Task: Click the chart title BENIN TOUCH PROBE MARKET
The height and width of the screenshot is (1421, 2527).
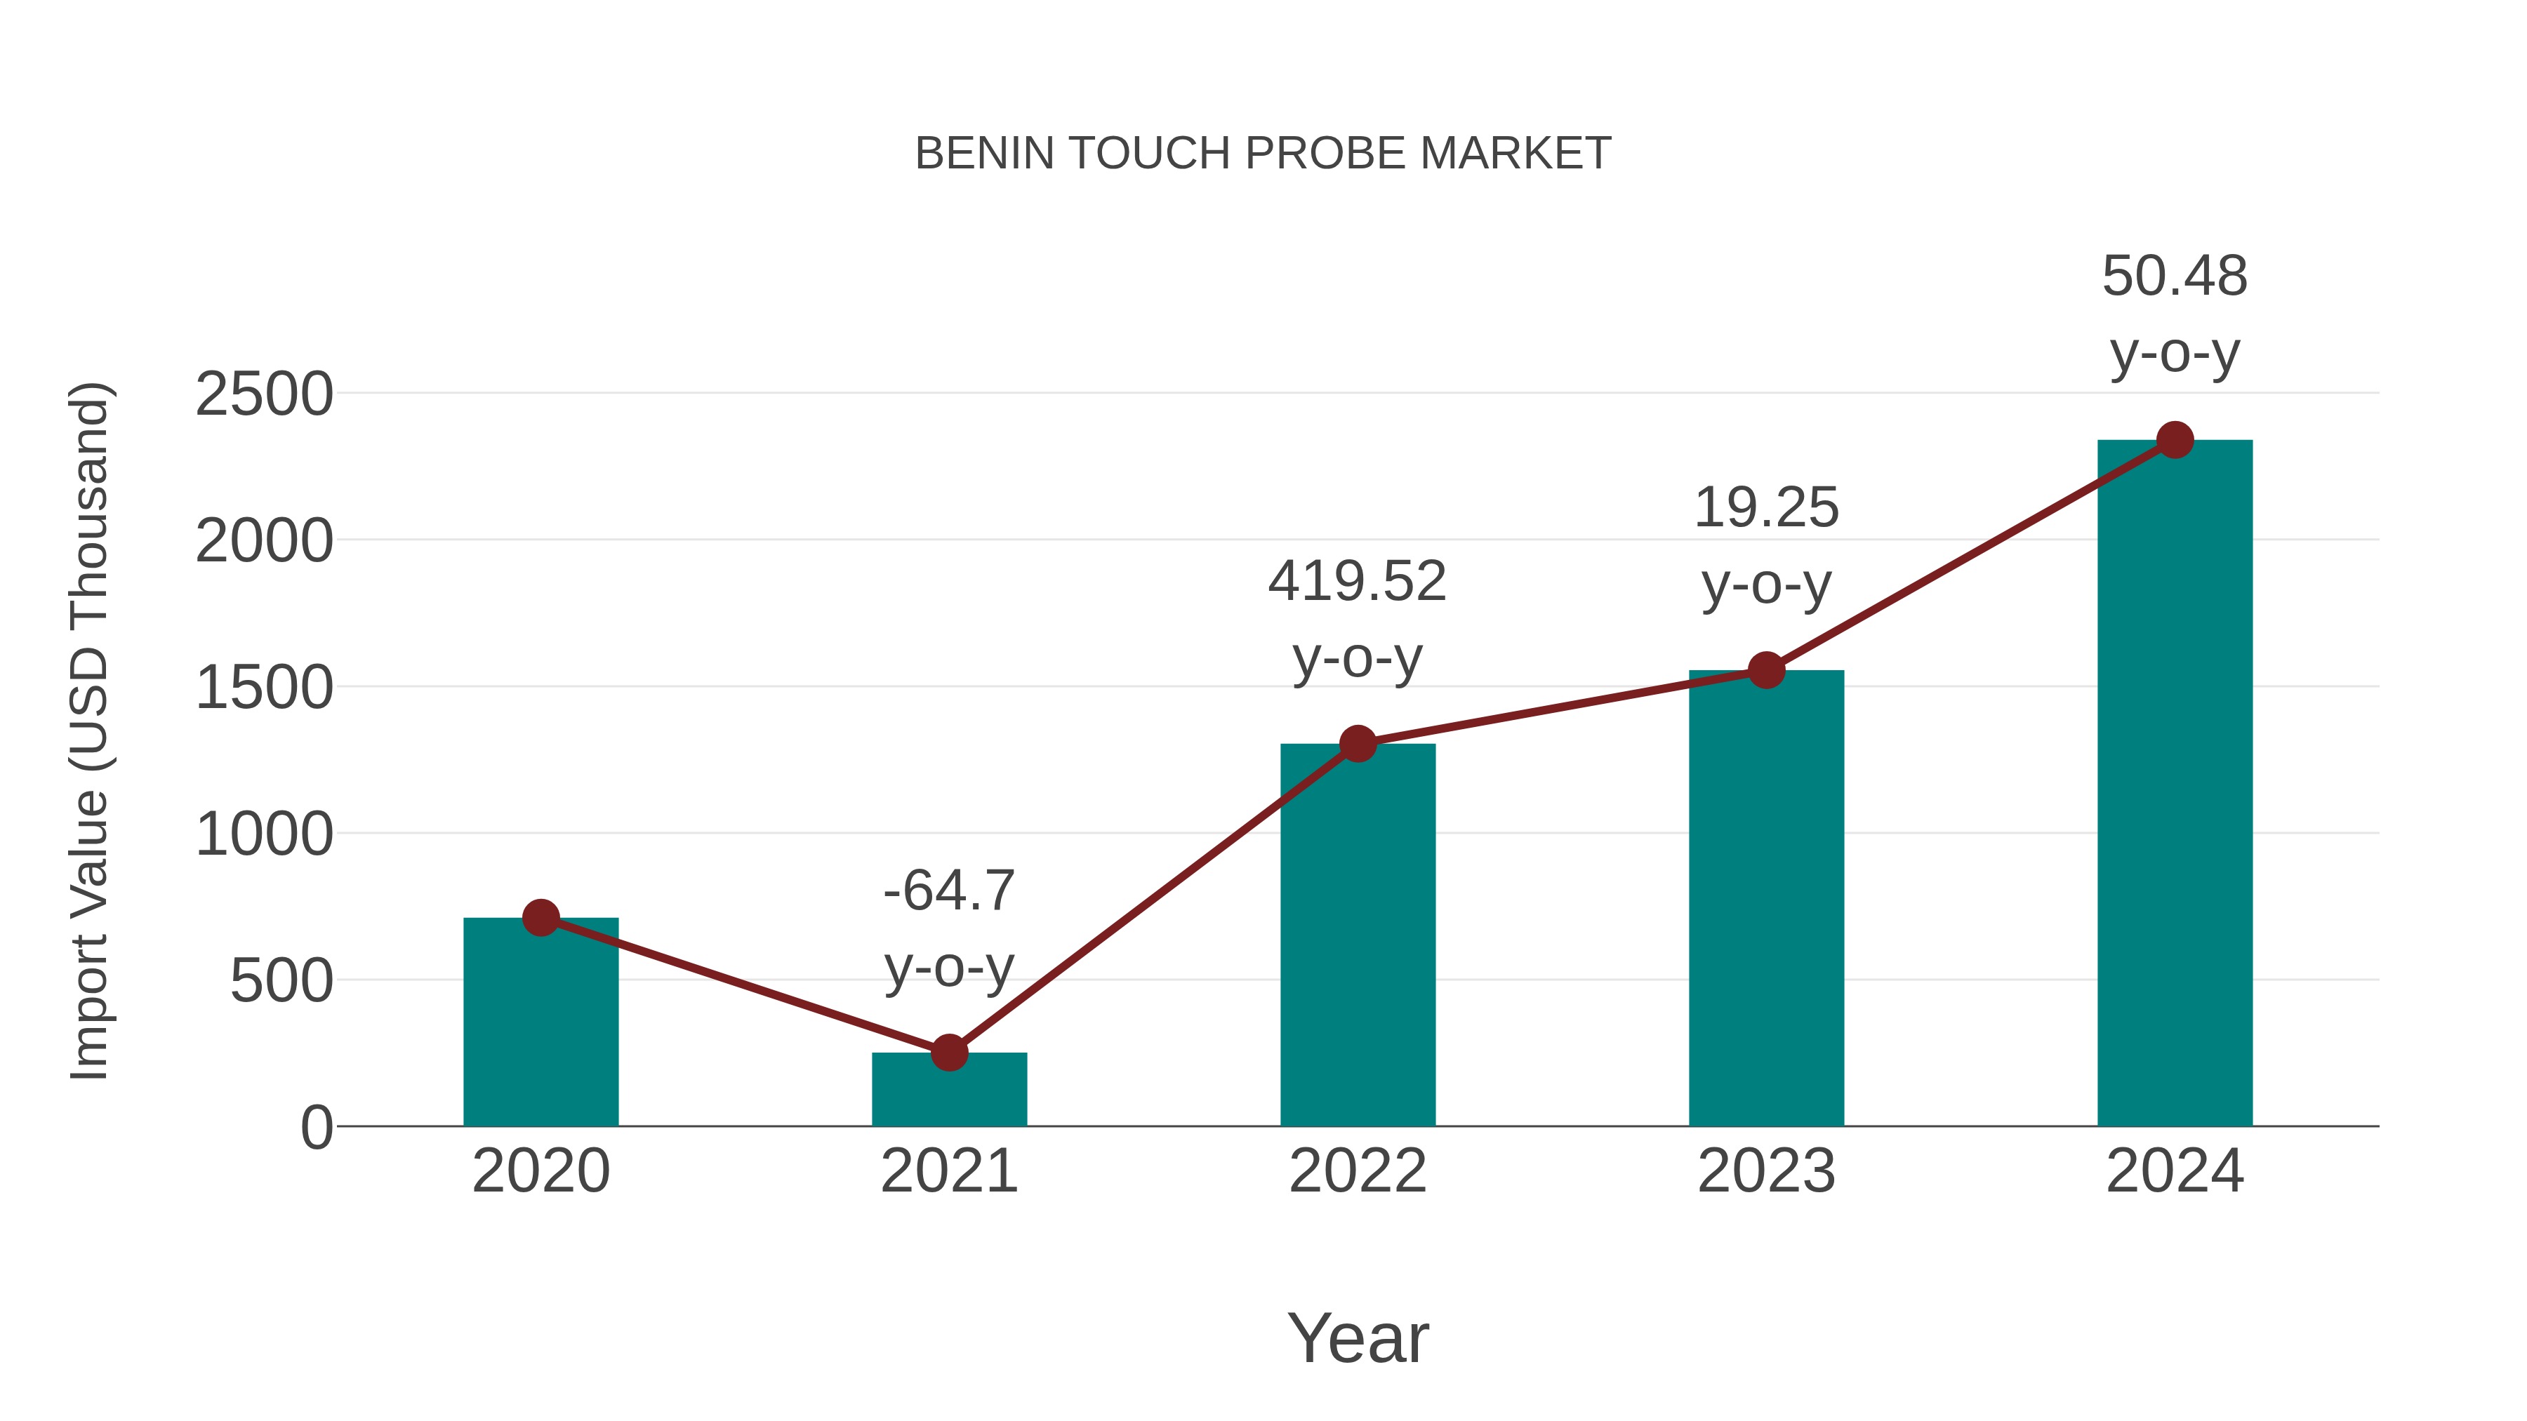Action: pyautogui.click(x=1263, y=154)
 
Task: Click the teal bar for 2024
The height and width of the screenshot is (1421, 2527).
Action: pyautogui.click(x=2175, y=785)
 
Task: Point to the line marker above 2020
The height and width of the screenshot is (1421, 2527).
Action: pyautogui.click(x=540, y=918)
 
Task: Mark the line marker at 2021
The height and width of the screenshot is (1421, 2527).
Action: pyautogui.click(x=948, y=1053)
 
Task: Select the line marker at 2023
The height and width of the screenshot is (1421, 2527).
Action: pyautogui.click(x=1766, y=671)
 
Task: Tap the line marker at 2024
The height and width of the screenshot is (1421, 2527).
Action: pyautogui.click(x=2175, y=440)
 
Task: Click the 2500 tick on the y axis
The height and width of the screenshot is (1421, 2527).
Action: pyautogui.click(x=264, y=394)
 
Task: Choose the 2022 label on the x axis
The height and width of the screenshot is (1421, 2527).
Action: pyautogui.click(x=1358, y=1171)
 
